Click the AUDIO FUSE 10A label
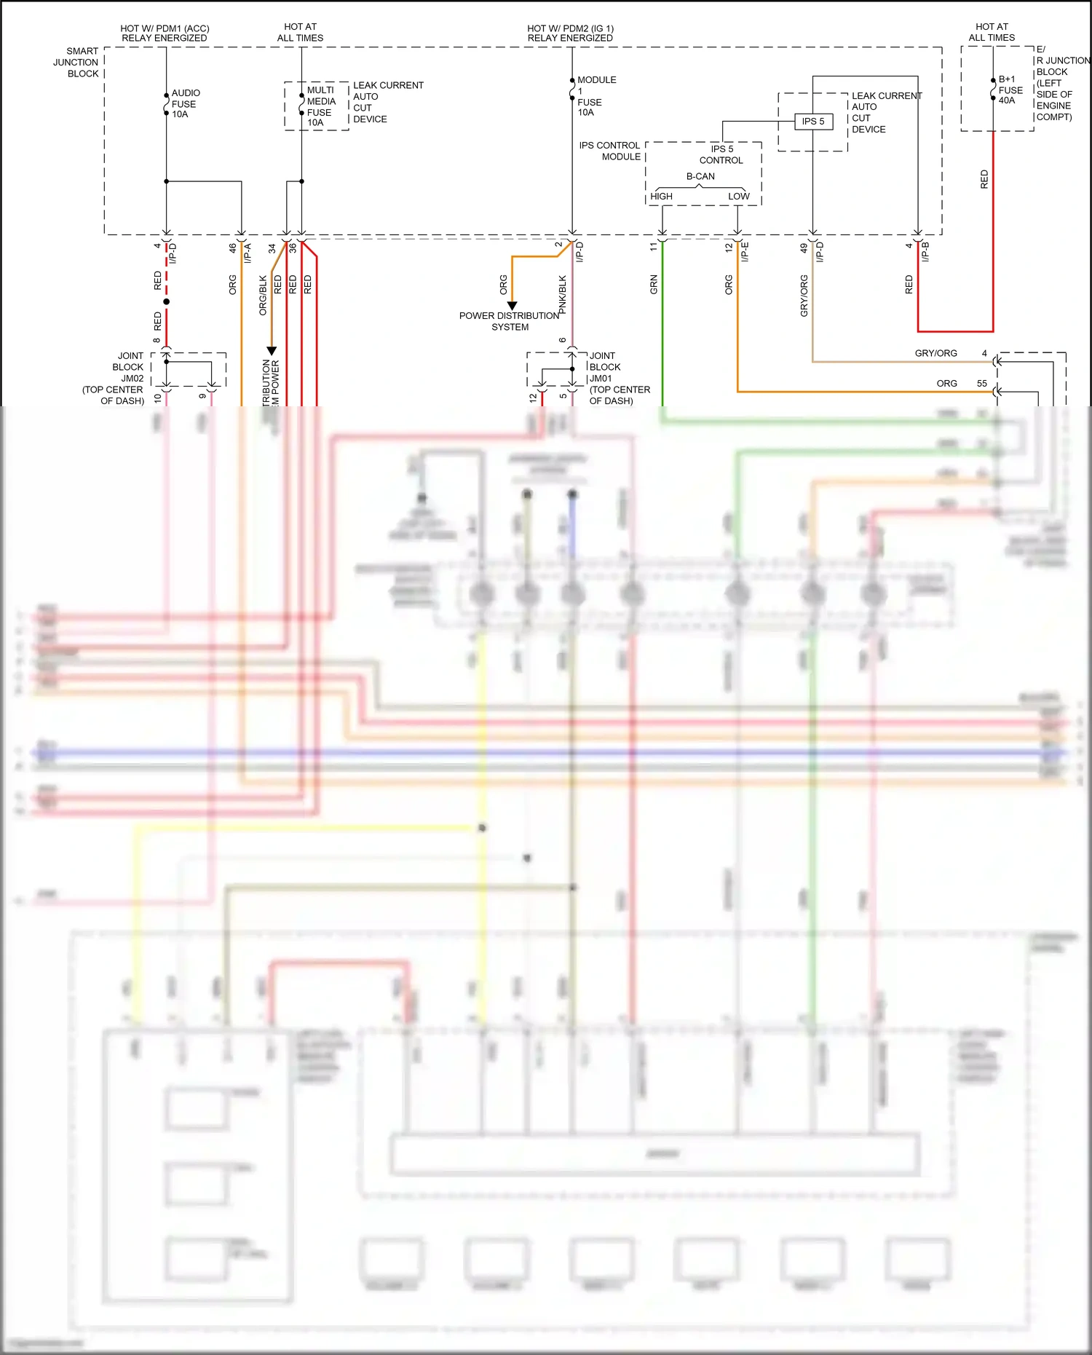(184, 103)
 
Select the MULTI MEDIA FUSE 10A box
(316, 106)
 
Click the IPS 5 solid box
(813, 122)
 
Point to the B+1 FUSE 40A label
(1010, 90)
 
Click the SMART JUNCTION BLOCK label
(76, 63)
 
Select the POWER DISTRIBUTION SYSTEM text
(509, 321)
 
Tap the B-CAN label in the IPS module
(700, 176)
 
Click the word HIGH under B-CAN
(661, 197)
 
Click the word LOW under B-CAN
(738, 197)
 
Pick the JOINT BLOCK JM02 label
(116, 378)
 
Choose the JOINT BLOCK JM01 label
(618, 378)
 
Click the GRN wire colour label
(654, 284)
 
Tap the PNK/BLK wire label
(563, 294)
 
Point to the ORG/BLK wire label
(263, 295)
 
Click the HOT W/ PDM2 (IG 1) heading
(570, 33)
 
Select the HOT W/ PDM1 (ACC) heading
(165, 33)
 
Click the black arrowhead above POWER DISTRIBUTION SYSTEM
(512, 306)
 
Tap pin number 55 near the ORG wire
(981, 384)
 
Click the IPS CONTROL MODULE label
(610, 151)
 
